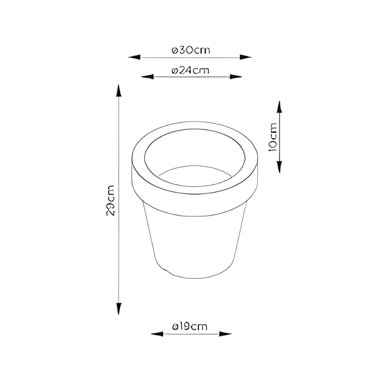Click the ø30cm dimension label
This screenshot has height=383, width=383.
coord(191,50)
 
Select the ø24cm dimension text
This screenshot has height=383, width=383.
coord(190,70)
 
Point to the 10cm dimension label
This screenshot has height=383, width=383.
coord(273,137)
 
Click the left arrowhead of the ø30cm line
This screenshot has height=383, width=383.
coord(135,57)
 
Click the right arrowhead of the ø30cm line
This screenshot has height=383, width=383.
coord(245,57)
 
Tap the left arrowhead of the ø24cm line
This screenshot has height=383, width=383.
coord(147,77)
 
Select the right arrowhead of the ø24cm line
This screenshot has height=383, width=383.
coord(236,77)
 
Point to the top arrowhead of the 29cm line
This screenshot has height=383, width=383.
coord(119,91)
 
